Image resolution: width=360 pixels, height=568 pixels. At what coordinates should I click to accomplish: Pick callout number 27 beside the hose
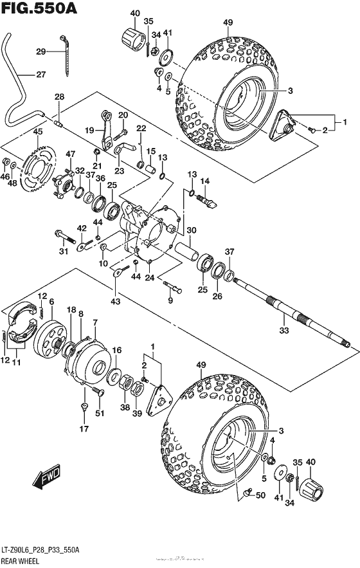click(x=40, y=75)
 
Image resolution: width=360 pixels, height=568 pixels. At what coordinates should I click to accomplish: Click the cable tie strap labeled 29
click(x=66, y=54)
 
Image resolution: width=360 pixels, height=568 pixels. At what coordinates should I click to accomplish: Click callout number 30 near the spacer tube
click(x=191, y=231)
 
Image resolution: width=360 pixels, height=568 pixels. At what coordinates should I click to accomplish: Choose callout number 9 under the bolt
click(x=170, y=301)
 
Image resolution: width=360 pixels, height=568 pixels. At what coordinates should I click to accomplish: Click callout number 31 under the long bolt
click(x=64, y=250)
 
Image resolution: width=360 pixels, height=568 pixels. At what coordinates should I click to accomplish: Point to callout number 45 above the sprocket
click(x=37, y=132)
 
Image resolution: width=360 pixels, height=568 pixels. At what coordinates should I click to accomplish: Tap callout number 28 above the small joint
click(x=59, y=96)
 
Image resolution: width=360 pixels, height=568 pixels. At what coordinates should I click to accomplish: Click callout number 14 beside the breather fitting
click(x=207, y=181)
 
